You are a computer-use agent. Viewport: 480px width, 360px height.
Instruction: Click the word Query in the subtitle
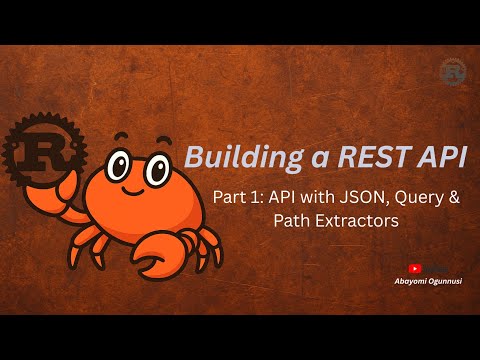tap(404, 198)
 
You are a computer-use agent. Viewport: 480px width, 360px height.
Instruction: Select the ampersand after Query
tap(453, 198)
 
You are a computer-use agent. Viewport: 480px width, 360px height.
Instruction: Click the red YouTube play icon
tap(415, 268)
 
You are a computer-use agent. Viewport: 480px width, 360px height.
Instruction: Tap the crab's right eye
tap(157, 168)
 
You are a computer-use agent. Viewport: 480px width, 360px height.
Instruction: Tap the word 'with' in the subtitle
tap(305, 198)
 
